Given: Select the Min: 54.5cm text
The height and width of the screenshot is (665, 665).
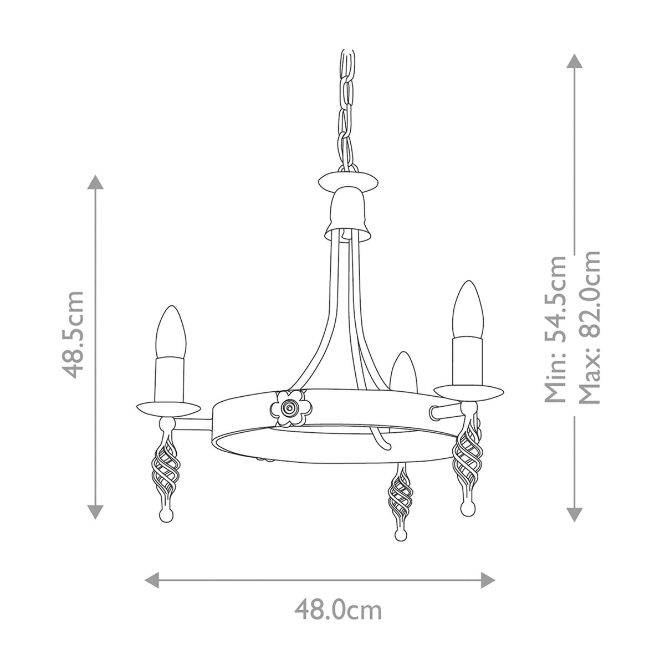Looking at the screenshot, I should [555, 329].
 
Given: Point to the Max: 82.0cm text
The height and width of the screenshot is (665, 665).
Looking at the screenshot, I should [589, 327].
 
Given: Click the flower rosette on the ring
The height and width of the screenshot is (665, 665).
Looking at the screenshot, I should [289, 408].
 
